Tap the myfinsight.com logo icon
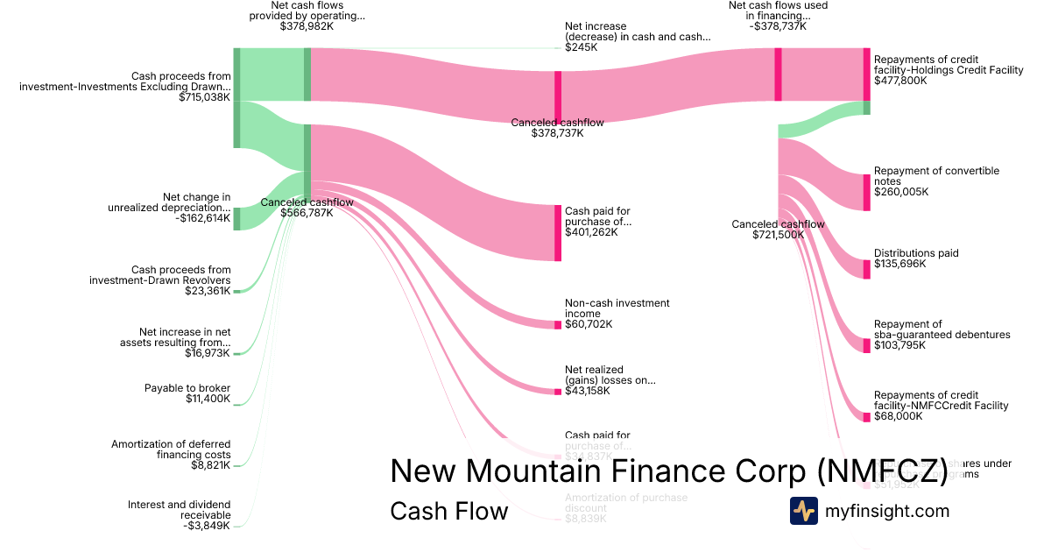click(x=803, y=511)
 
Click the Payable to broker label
click(x=187, y=388)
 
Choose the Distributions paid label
click(x=916, y=253)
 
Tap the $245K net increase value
click(x=582, y=47)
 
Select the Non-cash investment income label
click(x=617, y=308)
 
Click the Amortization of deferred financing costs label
click(x=171, y=449)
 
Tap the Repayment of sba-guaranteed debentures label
click(x=942, y=329)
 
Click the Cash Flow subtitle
click(x=448, y=511)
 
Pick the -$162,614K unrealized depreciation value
click(x=203, y=218)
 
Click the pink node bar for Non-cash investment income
click(x=558, y=325)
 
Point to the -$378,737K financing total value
click(x=778, y=26)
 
